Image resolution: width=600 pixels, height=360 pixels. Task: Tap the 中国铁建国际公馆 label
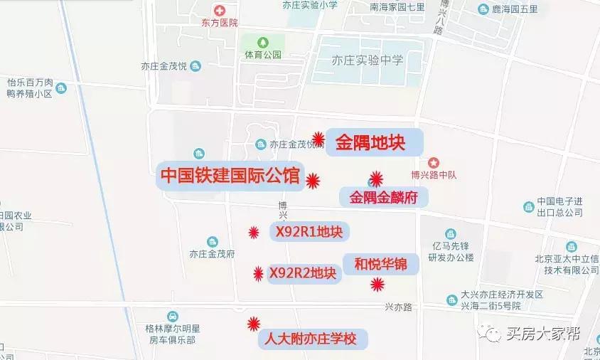pos(230,176)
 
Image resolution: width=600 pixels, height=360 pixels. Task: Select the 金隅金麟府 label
pos(384,198)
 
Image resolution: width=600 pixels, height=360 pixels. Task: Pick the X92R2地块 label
pos(302,273)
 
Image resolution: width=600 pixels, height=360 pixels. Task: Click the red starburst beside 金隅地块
pos(319,137)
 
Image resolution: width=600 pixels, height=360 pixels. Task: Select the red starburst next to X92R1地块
pos(254,232)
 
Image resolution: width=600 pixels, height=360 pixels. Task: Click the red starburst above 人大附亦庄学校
pos(253,324)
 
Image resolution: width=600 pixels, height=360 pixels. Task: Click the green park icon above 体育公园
pos(264,41)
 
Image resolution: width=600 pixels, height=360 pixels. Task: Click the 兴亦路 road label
pos(398,307)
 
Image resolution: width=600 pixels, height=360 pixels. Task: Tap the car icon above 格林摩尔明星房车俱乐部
pos(173,317)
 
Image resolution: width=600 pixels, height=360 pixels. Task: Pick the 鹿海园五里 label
pos(518,9)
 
